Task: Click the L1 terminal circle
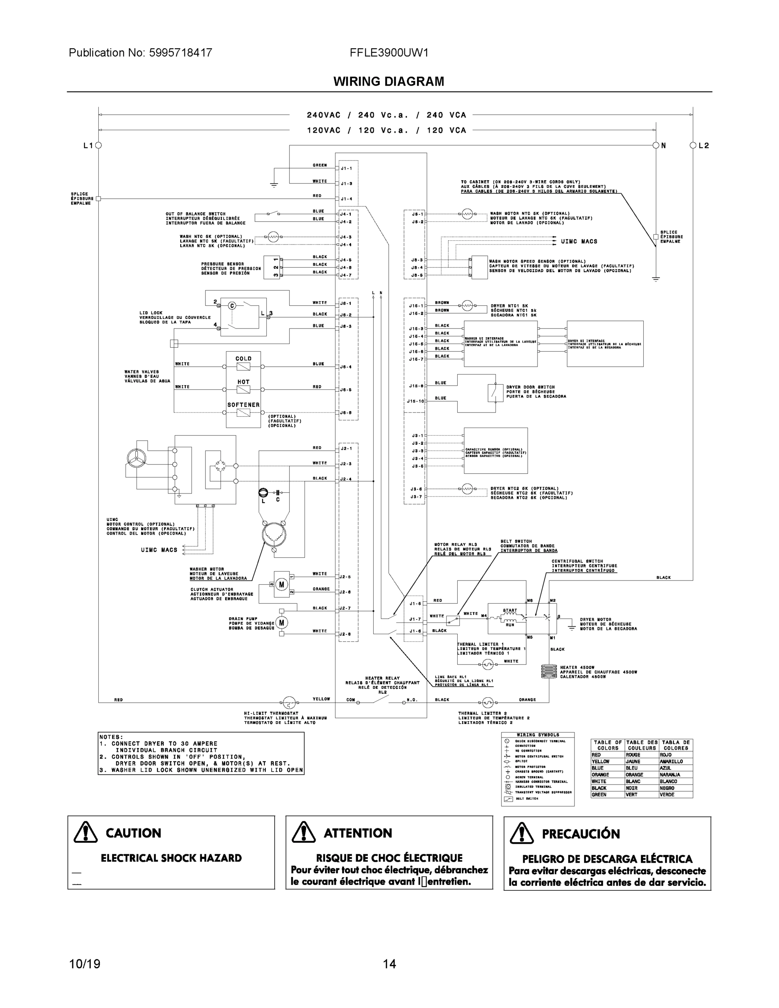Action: (98, 145)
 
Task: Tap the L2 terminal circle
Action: (692, 145)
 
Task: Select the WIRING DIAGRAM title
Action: (388, 82)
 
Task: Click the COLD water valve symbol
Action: (243, 367)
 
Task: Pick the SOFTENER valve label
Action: (243, 405)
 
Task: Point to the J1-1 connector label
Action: (346, 168)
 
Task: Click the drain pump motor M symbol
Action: (281, 622)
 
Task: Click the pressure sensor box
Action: (272, 267)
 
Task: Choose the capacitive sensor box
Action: (496, 451)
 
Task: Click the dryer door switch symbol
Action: (495, 392)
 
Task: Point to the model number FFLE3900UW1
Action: (388, 52)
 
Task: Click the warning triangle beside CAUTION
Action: (85, 832)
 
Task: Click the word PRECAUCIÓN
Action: (580, 834)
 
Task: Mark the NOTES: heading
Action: (111, 737)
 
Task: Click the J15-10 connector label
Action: (415, 401)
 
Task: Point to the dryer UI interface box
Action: (605, 344)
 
